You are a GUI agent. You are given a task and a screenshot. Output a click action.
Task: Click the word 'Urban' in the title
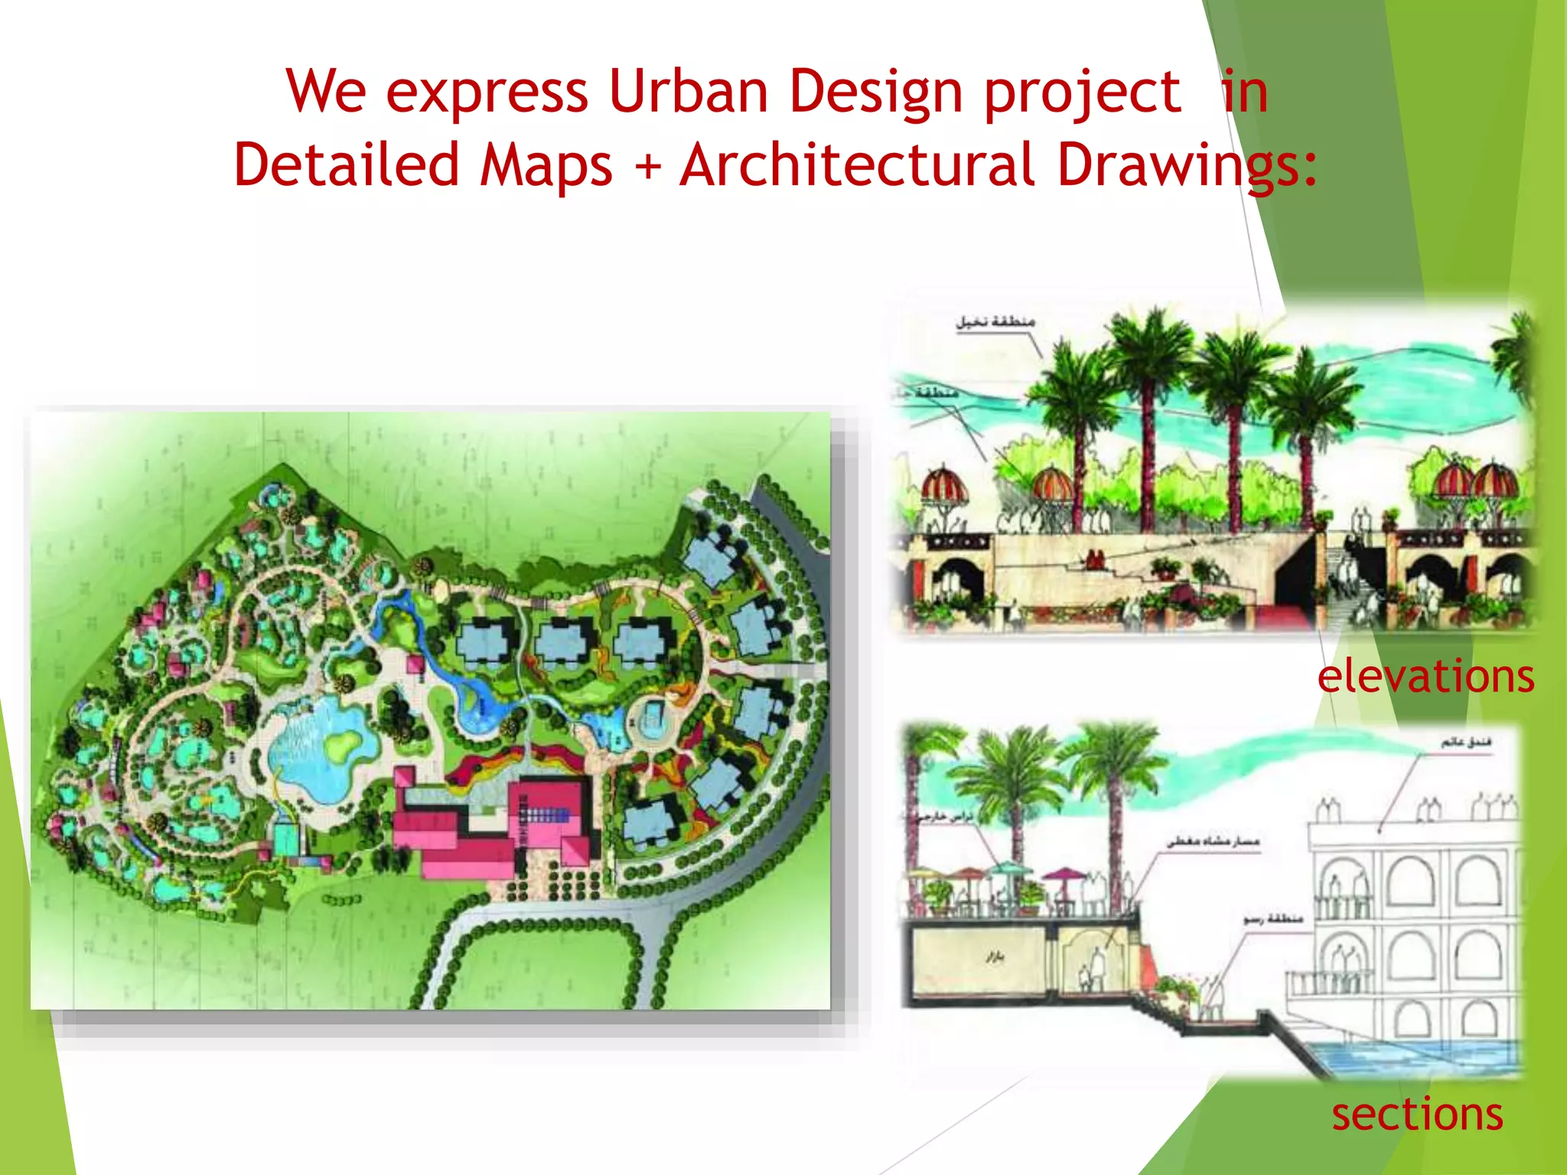pyautogui.click(x=688, y=92)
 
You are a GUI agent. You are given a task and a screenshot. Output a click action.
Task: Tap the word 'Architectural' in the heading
pyautogui.click(x=857, y=165)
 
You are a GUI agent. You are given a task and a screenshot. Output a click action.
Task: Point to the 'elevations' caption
pyautogui.click(x=1425, y=676)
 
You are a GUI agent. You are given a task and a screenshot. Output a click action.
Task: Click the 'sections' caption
pyautogui.click(x=1417, y=1114)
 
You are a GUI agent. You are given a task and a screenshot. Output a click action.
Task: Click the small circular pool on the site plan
pyautogui.click(x=651, y=719)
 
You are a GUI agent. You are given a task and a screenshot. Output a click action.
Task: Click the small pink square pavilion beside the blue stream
pyautogui.click(x=415, y=663)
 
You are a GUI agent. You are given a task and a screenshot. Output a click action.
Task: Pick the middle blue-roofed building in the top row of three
pyautogui.click(x=563, y=641)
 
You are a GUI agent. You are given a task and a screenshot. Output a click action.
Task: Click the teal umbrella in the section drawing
pyautogui.click(x=1010, y=869)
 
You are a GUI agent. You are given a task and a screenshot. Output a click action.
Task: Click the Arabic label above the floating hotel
pyautogui.click(x=1466, y=742)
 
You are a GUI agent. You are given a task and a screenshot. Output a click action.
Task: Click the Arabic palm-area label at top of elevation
pyautogui.click(x=995, y=322)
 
